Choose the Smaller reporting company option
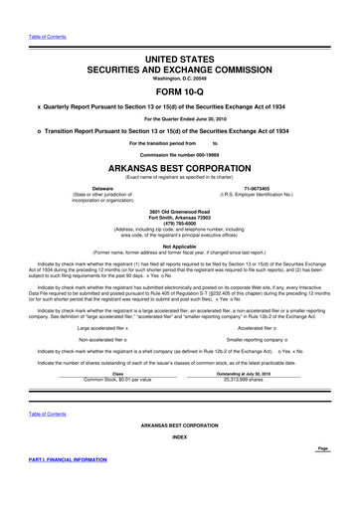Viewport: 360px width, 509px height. click(271, 339)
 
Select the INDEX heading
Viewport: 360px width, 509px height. click(180, 435)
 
